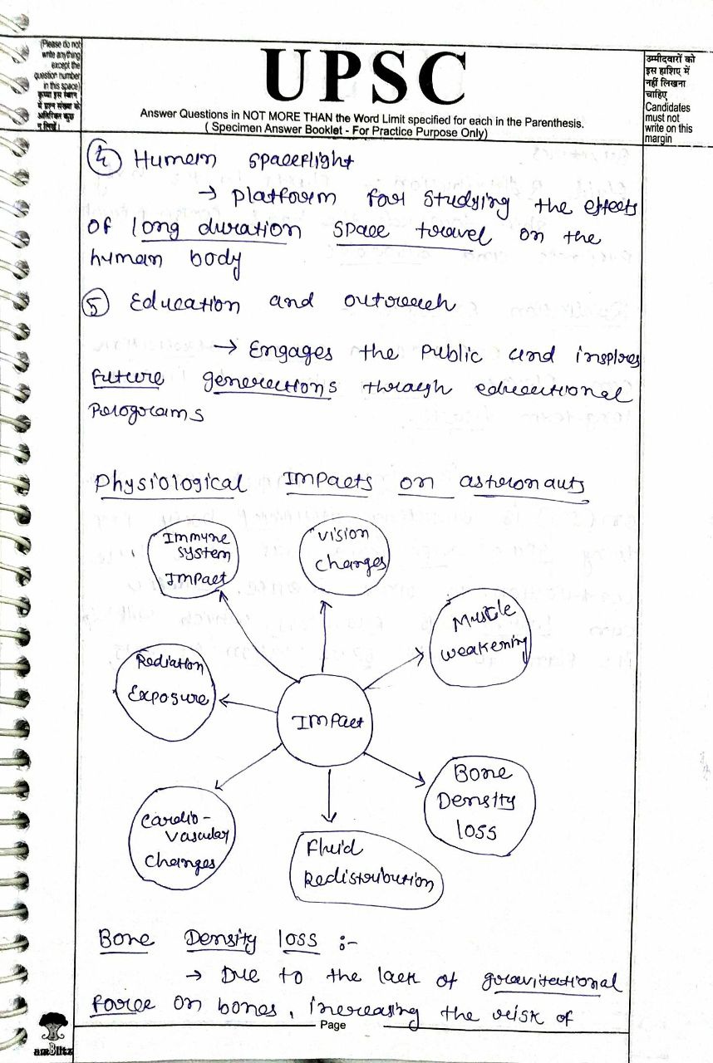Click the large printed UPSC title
(363, 77)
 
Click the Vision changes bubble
(343, 552)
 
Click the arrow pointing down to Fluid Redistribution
(331, 797)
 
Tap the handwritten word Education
(184, 303)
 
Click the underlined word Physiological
(170, 484)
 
